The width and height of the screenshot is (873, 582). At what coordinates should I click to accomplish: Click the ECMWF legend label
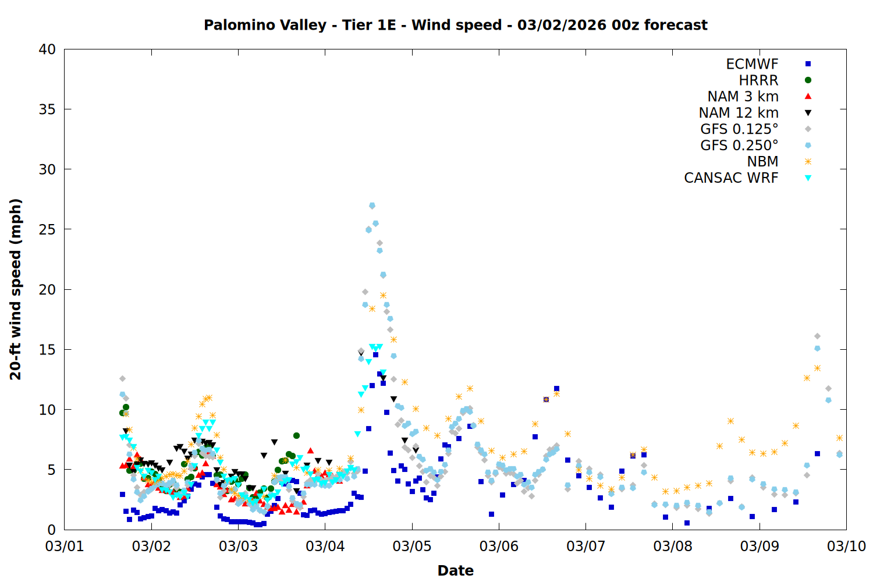click(x=752, y=64)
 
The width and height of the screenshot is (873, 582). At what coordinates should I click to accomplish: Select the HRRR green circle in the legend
click(x=808, y=80)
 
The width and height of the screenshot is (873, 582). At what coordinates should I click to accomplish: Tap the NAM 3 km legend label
click(x=743, y=97)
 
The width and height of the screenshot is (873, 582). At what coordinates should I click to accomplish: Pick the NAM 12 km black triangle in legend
click(x=808, y=113)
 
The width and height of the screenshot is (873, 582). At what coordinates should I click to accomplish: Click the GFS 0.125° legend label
click(x=739, y=129)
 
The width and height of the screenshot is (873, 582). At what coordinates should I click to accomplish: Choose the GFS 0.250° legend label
click(x=739, y=145)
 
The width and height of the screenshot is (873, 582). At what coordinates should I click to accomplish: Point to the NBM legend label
click(x=762, y=162)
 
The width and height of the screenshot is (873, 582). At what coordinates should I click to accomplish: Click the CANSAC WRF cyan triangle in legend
click(x=808, y=178)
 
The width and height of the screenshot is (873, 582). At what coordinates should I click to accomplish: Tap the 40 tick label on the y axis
click(x=47, y=49)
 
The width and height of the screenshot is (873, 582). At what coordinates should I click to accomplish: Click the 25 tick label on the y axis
click(x=47, y=229)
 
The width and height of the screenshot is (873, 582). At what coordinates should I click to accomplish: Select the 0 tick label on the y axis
click(x=51, y=530)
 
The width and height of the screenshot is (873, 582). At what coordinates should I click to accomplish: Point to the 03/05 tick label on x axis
click(x=411, y=546)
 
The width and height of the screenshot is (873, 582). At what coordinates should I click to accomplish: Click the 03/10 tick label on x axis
click(x=846, y=546)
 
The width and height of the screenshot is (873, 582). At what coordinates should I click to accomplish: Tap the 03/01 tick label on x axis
click(x=65, y=546)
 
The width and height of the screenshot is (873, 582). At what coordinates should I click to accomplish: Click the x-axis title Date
click(x=455, y=570)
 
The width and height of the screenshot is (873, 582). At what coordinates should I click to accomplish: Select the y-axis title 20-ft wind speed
click(x=16, y=289)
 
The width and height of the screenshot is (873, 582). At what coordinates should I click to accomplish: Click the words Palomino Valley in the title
click(x=265, y=25)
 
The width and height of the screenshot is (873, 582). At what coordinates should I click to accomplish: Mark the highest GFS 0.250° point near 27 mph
click(x=372, y=205)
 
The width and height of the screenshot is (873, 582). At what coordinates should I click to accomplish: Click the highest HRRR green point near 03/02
click(x=126, y=407)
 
